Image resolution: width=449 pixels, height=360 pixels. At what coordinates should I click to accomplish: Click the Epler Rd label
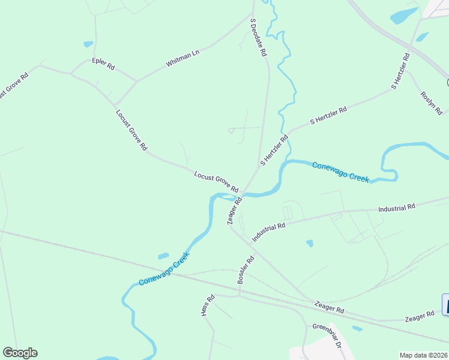(103, 64)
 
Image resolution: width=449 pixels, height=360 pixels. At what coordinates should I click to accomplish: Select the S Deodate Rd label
(258, 37)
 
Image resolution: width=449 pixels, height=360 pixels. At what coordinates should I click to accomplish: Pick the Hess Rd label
(208, 305)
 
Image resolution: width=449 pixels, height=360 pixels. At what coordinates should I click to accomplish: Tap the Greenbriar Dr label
(327, 336)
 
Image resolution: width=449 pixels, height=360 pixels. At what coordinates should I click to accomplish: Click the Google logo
(20, 353)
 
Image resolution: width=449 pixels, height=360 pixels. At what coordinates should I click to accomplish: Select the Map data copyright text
(424, 355)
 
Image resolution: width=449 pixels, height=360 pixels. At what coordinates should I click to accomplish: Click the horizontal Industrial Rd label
(396, 208)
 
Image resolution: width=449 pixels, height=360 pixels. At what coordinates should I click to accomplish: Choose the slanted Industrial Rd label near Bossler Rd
(268, 232)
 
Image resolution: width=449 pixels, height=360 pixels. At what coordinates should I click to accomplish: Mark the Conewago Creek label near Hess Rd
(164, 269)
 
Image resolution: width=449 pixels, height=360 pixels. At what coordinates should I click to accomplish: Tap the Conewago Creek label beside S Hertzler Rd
(340, 171)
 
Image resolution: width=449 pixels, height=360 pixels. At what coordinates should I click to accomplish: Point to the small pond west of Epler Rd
(88, 44)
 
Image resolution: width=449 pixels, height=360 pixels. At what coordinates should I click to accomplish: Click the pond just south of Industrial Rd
(309, 243)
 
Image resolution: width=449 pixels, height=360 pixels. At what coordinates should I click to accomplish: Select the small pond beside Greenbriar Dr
(357, 328)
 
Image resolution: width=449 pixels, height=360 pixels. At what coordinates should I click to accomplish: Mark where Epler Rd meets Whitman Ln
(136, 81)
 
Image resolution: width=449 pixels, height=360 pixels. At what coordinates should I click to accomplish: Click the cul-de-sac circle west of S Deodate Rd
(231, 130)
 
